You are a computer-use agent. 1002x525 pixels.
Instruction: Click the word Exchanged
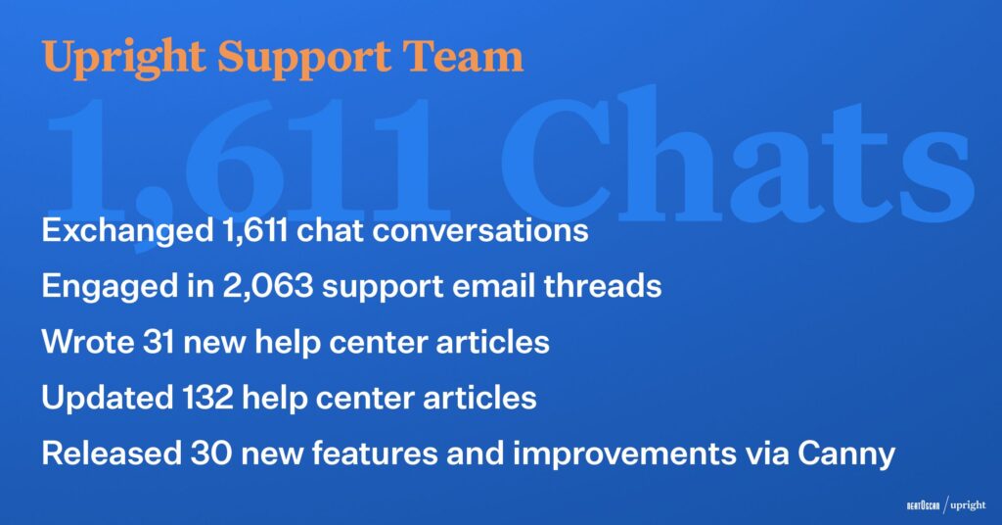tap(127, 230)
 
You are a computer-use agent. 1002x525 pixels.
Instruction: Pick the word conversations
tap(480, 231)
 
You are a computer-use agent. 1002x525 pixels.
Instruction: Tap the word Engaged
tap(111, 286)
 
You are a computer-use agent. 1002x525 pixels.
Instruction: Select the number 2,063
tap(268, 286)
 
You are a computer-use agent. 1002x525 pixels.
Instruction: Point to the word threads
tap(603, 285)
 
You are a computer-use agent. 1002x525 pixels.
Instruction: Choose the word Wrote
tap(88, 342)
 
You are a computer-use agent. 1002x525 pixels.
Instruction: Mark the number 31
tap(159, 342)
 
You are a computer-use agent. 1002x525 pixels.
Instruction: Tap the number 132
tap(207, 398)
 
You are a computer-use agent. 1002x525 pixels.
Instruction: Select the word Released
tap(112, 453)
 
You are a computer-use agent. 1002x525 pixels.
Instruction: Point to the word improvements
tap(624, 454)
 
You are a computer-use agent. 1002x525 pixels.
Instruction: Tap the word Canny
tap(846, 454)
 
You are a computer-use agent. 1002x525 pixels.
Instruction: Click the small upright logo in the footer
tap(968, 505)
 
